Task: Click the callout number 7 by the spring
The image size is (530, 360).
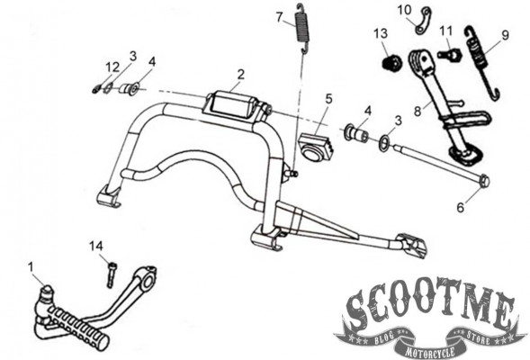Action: click(x=279, y=17)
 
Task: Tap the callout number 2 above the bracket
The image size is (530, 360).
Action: click(x=240, y=75)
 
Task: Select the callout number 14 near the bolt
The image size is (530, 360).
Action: click(x=96, y=246)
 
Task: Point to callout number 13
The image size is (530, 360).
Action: click(x=381, y=33)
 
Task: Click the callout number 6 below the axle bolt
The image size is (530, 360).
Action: click(x=461, y=207)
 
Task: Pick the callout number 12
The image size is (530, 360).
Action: click(x=112, y=67)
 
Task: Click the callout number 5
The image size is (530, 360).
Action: click(x=328, y=98)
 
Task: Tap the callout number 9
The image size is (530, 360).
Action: click(x=505, y=35)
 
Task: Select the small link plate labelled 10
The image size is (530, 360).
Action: click(x=423, y=21)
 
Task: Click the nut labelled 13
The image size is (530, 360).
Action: click(x=391, y=62)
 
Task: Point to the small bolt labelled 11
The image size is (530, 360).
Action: click(x=450, y=54)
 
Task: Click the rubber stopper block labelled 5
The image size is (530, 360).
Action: click(x=317, y=146)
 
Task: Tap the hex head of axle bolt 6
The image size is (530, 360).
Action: click(x=484, y=182)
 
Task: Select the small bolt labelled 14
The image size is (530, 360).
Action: click(x=112, y=275)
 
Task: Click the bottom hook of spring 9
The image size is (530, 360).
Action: click(x=494, y=94)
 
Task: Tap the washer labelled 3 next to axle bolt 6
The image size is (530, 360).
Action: click(x=384, y=143)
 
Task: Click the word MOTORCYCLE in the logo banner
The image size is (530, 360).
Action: click(x=430, y=351)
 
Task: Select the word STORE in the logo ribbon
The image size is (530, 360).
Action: click(x=477, y=337)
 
